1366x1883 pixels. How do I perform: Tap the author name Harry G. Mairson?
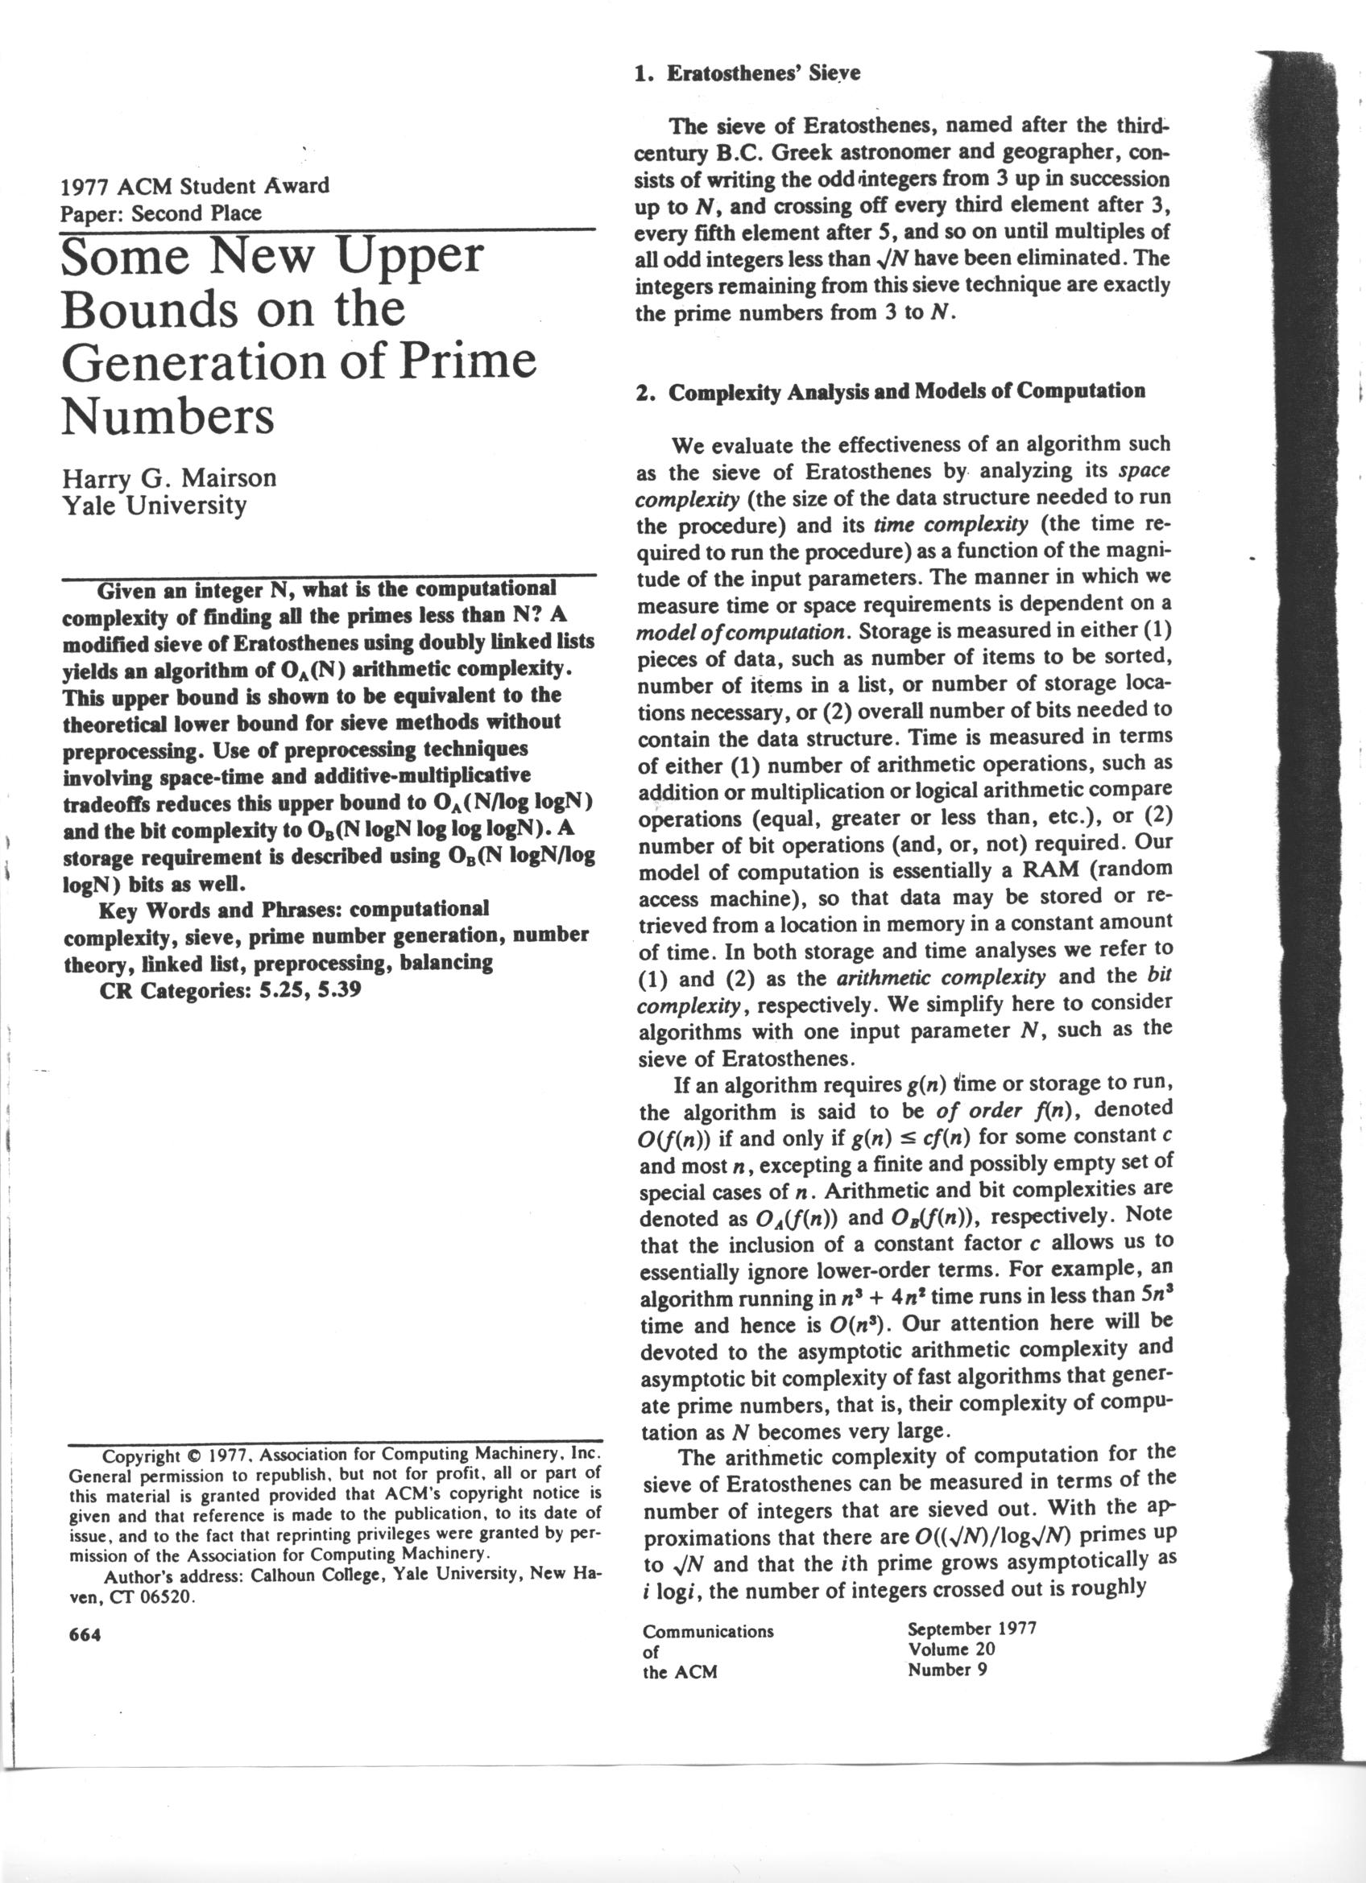click(x=168, y=478)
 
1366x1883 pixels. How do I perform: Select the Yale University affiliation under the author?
click(x=155, y=506)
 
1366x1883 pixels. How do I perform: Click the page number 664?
click(x=85, y=1634)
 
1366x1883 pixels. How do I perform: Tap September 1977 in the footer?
click(x=971, y=1628)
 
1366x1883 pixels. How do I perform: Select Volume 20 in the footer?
click(x=952, y=1649)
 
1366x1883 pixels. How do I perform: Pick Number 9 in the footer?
click(x=947, y=1669)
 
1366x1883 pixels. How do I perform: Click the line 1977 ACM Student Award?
click(x=195, y=185)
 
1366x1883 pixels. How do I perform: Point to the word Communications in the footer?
click(x=707, y=1630)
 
